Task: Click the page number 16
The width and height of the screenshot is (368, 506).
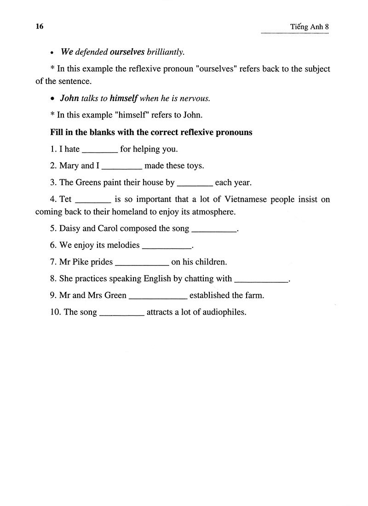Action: point(39,26)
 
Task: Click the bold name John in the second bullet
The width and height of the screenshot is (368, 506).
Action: point(69,98)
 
